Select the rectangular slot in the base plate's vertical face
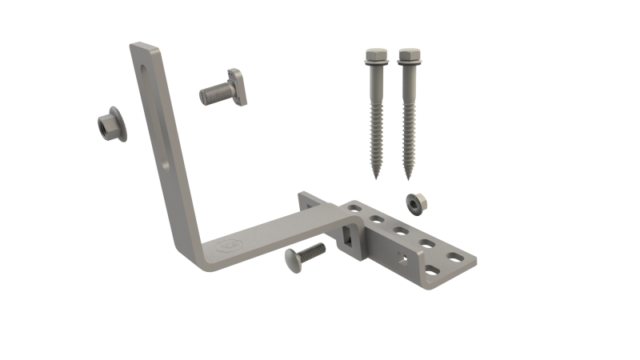[347, 235]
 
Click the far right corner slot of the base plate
[455, 258]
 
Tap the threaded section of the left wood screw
[375, 128]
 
